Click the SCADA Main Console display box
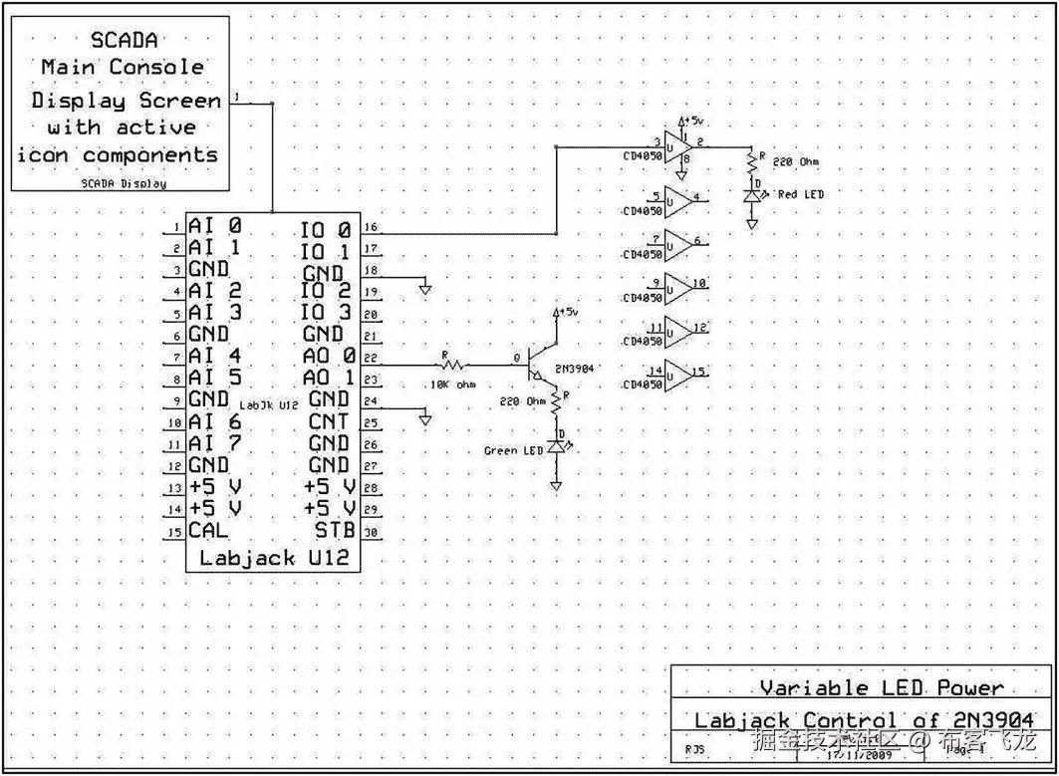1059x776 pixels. pyautogui.click(x=120, y=103)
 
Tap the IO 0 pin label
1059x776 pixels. pyautogui.click(x=326, y=230)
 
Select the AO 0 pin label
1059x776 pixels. pyautogui.click(x=329, y=356)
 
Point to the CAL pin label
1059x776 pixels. pyautogui.click(x=208, y=530)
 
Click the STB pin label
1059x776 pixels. pyautogui.click(x=336, y=530)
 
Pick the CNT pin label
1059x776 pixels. pyautogui.click(x=329, y=421)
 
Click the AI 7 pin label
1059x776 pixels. pyautogui.click(x=214, y=442)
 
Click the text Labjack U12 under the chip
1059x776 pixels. pyautogui.click(x=274, y=558)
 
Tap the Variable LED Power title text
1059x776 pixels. pyautogui.click(x=882, y=687)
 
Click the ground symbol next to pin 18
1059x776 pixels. pyautogui.click(x=425, y=288)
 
